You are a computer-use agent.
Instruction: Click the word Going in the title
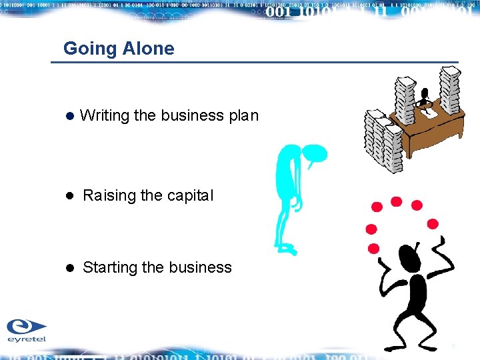[91, 49]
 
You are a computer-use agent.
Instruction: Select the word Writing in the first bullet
[105, 115]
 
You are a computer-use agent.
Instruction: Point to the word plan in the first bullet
[243, 116]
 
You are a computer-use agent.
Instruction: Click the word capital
[190, 196]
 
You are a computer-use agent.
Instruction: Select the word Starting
[109, 268]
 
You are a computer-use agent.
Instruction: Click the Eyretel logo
[27, 330]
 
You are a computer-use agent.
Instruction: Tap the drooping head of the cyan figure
[315, 155]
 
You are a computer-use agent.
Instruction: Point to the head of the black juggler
[408, 257]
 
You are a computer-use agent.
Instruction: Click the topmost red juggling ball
[396, 201]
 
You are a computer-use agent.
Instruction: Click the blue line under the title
[253, 63]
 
